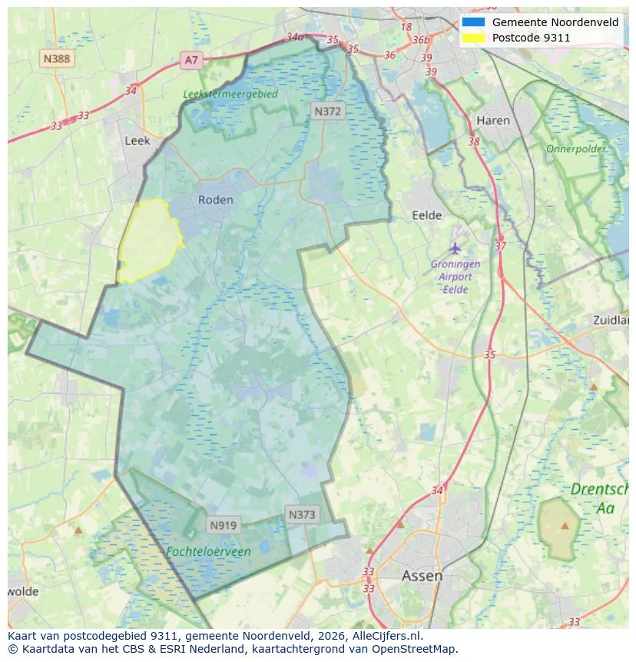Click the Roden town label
[215, 199]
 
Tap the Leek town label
[137, 141]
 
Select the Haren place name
[492, 120]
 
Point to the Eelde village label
[427, 216]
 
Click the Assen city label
[422, 575]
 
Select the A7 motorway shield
[191, 59]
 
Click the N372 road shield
[328, 111]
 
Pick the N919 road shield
[224, 525]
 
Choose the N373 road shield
[302, 514]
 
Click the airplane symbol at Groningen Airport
[455, 248]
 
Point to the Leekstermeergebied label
[230, 94]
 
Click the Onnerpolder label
[576, 148]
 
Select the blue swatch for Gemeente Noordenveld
[473, 22]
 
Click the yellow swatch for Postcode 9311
[473, 38]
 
